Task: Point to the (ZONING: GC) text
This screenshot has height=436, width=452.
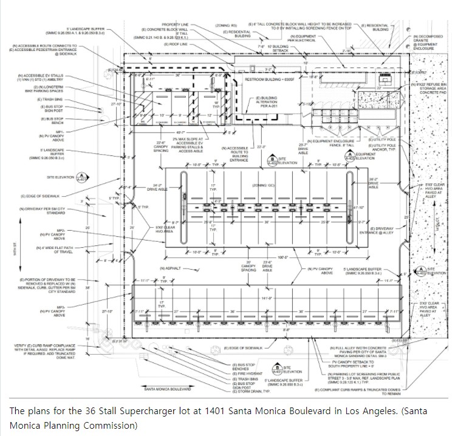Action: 265,184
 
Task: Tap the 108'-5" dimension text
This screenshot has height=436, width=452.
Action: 265,257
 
